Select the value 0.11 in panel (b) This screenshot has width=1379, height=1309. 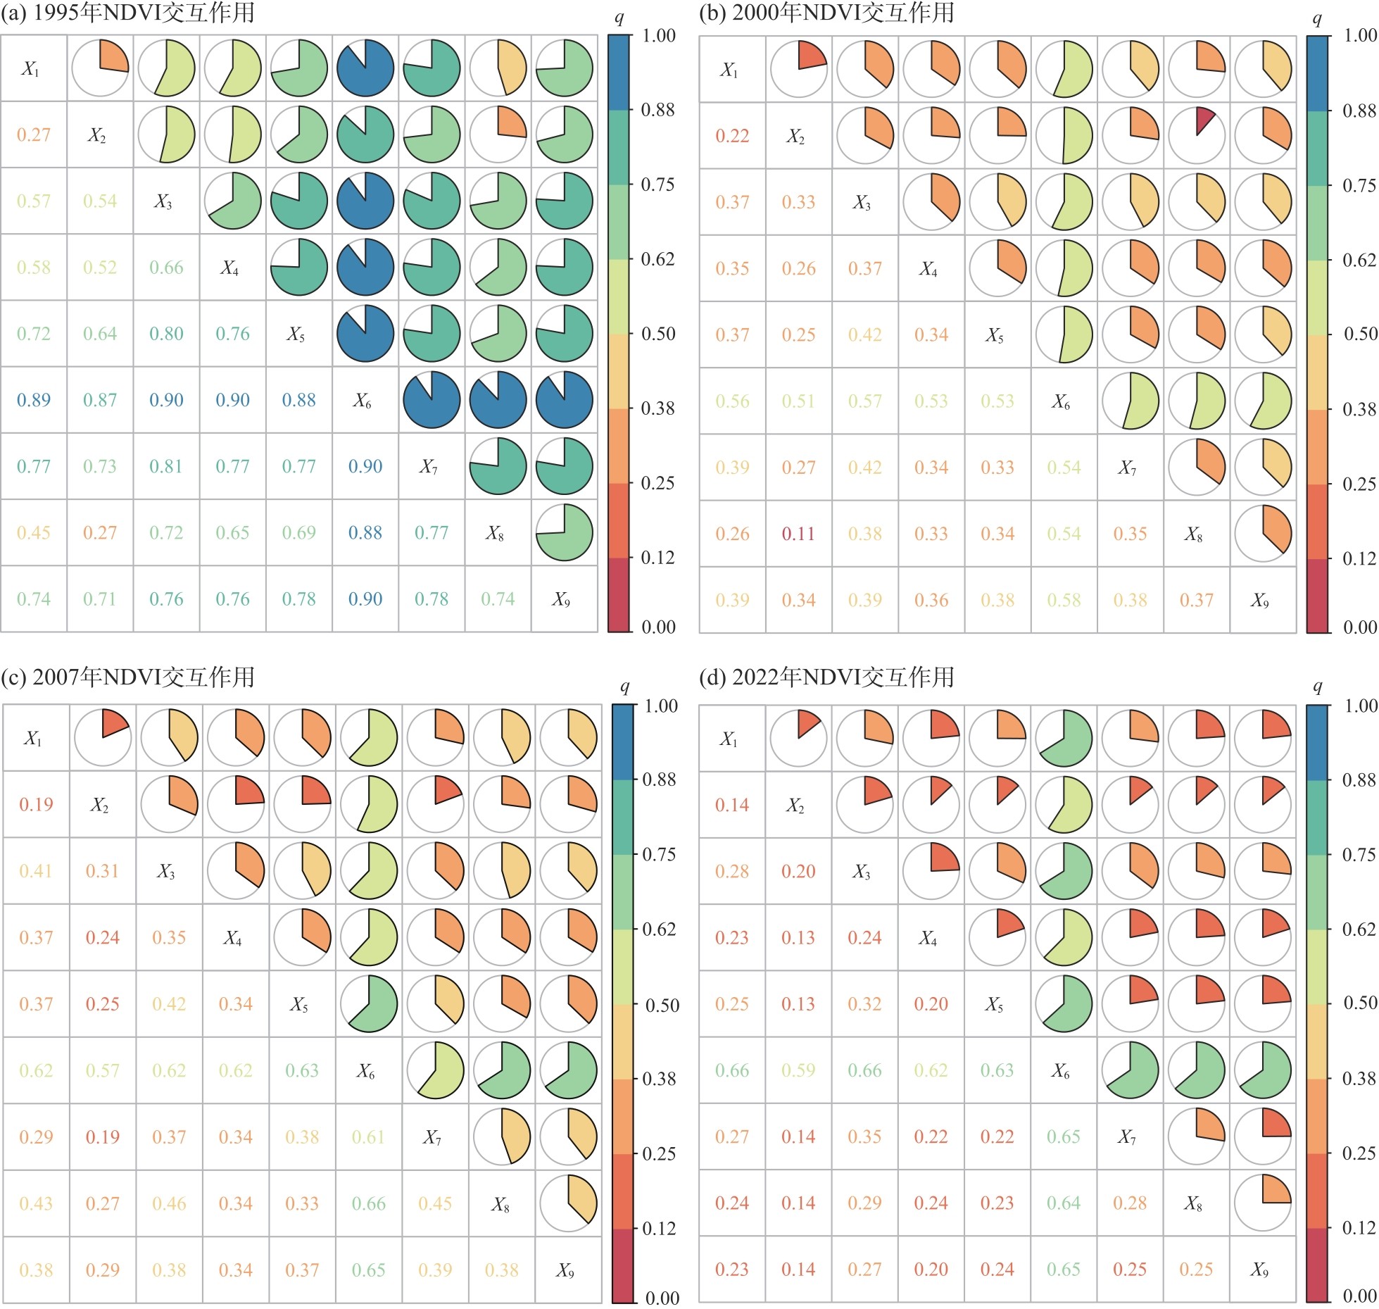798,534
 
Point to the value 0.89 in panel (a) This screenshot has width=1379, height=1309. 34,400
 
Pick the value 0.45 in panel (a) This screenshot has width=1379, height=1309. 34,532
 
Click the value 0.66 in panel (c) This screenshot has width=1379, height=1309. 369,1203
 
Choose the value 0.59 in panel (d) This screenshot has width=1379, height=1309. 798,1070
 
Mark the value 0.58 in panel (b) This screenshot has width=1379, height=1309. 1064,600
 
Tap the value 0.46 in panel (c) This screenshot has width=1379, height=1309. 169,1203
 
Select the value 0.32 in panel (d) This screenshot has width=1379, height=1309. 864,1004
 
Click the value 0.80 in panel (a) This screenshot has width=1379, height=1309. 166,334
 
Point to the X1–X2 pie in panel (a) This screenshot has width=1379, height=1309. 100,68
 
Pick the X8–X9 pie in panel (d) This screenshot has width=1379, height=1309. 1263,1203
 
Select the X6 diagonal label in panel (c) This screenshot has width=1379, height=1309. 366,1071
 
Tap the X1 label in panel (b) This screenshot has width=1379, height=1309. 729,70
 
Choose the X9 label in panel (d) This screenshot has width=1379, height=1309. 1260,1270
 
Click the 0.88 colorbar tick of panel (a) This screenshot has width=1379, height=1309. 657,110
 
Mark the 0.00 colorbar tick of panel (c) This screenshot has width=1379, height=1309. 662,1297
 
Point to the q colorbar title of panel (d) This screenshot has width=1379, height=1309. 1318,687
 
